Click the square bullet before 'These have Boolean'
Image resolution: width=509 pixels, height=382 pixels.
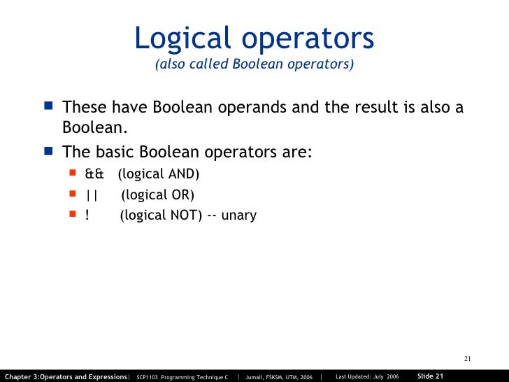48,108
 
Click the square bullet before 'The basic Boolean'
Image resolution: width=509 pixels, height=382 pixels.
48,151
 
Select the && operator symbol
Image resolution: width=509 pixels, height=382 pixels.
94,174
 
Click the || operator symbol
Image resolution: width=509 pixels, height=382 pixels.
92,194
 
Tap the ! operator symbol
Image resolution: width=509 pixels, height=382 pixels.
87,215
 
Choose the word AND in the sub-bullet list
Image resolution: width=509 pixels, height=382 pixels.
183,174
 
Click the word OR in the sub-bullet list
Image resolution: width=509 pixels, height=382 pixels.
181,194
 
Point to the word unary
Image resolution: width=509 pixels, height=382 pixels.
239,215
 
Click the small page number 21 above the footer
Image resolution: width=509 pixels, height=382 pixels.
468,360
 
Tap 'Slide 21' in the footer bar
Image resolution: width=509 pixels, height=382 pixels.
430,376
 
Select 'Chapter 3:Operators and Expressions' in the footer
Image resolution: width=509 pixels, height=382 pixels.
66,376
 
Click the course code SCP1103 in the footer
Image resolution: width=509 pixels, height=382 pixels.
148,376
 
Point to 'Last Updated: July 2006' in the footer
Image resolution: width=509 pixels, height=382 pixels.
367,376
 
